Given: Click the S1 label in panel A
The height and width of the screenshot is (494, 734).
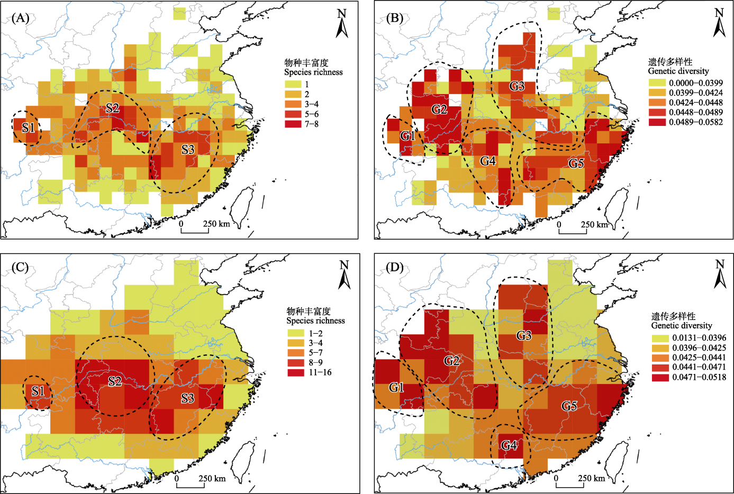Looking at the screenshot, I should [29, 127].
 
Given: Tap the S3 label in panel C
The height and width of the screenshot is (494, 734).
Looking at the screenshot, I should [188, 398].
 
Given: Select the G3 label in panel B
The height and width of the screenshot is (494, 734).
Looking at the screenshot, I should [516, 86].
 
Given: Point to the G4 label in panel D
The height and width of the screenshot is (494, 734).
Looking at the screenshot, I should [509, 445].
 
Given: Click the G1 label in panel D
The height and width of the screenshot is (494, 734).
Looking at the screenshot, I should [396, 388].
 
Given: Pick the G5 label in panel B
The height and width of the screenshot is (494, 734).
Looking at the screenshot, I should [576, 163].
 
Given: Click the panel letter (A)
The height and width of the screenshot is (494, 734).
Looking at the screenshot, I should [20, 19].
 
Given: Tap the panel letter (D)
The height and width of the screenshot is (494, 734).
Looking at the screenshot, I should [394, 268].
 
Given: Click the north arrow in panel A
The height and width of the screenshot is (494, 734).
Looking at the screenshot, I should [342, 24].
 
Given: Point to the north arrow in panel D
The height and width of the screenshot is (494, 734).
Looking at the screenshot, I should [720, 275].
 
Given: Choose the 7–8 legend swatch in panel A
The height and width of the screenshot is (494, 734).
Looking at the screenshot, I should [293, 124].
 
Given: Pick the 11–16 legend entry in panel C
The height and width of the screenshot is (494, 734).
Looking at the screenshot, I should [320, 372].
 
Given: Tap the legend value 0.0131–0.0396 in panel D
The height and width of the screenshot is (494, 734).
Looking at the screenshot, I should [699, 338].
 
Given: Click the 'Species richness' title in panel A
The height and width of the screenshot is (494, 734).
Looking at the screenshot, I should [313, 72].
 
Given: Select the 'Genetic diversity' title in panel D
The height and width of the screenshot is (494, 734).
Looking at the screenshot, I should [681, 326].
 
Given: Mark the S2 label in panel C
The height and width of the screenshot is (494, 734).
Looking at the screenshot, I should [115, 381].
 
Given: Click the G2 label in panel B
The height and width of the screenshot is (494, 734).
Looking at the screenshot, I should [439, 109].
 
